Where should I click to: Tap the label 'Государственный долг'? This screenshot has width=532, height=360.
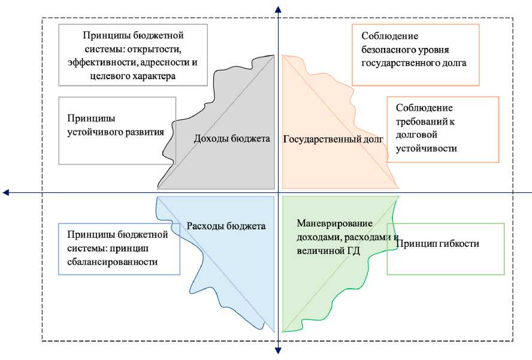[332, 139]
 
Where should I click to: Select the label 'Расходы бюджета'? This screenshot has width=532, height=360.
[226, 226]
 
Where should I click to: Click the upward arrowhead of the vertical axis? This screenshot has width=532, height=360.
[278, 8]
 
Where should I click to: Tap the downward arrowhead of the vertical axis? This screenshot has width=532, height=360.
[278, 351]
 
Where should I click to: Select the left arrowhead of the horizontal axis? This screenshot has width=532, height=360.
[6, 192]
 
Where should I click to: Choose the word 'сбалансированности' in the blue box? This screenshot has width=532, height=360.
[112, 261]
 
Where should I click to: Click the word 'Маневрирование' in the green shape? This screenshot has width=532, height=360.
[335, 223]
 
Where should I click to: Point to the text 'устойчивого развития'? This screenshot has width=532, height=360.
[114, 131]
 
